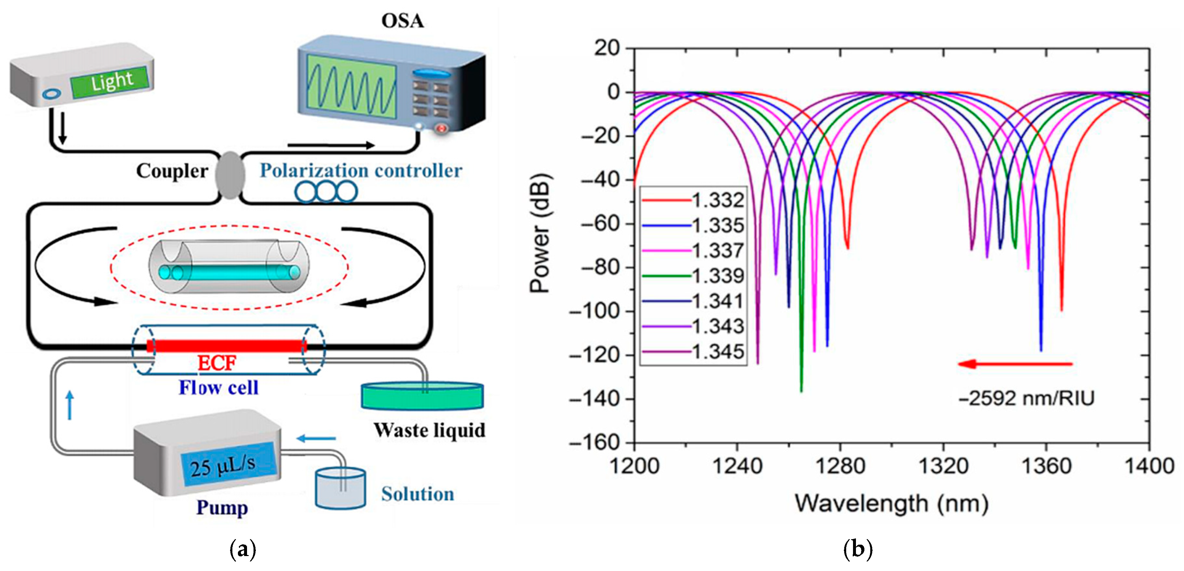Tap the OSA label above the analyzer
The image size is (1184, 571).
(402, 21)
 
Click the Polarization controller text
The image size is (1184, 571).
(361, 171)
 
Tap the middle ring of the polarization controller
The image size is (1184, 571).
(326, 192)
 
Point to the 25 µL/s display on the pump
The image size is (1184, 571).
(229, 464)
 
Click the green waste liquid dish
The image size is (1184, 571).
(422, 396)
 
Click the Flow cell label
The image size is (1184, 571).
(218, 388)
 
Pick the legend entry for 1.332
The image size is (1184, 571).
(693, 200)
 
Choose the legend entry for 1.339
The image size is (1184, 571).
(693, 276)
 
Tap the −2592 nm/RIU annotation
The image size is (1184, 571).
(1026, 398)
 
